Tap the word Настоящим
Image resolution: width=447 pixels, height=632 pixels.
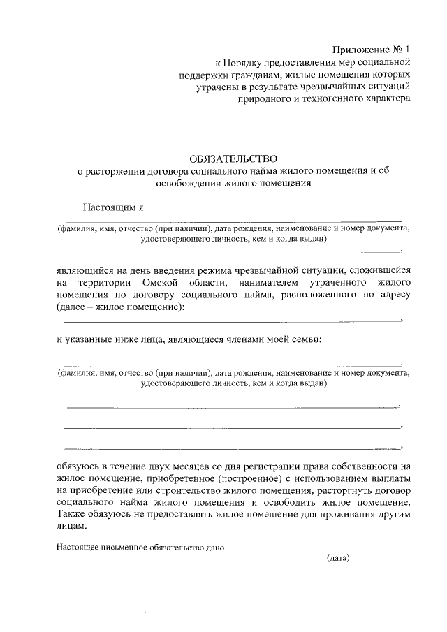click(105, 207)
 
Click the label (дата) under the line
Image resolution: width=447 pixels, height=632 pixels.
click(338, 558)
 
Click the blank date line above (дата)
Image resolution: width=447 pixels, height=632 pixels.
click(330, 552)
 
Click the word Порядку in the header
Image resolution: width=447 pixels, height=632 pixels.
click(250, 62)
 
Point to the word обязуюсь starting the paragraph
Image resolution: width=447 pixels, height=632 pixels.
click(79, 465)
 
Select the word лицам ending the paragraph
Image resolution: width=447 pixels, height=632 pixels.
click(70, 528)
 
